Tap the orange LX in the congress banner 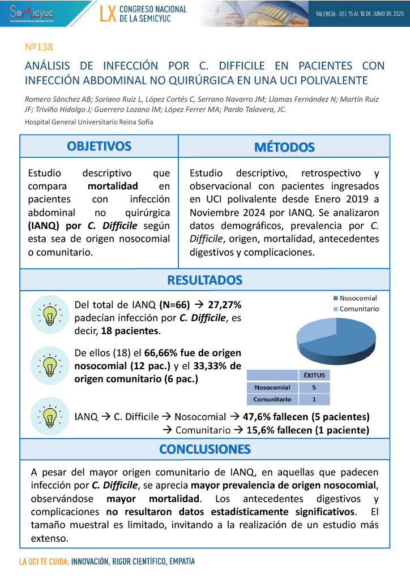[x=108, y=14]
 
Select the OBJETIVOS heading [x=99, y=146]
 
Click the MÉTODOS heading [x=284, y=147]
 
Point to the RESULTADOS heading [x=205, y=280]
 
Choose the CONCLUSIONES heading [x=205, y=450]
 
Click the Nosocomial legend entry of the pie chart [x=358, y=298]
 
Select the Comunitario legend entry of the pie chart [x=359, y=309]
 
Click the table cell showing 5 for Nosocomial [x=314, y=387]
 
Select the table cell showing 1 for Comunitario [x=314, y=399]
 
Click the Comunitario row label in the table [x=272, y=399]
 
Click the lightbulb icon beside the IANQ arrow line [x=49, y=416]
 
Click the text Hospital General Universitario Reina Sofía [x=89, y=122]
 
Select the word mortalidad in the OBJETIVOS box [x=113, y=185]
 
